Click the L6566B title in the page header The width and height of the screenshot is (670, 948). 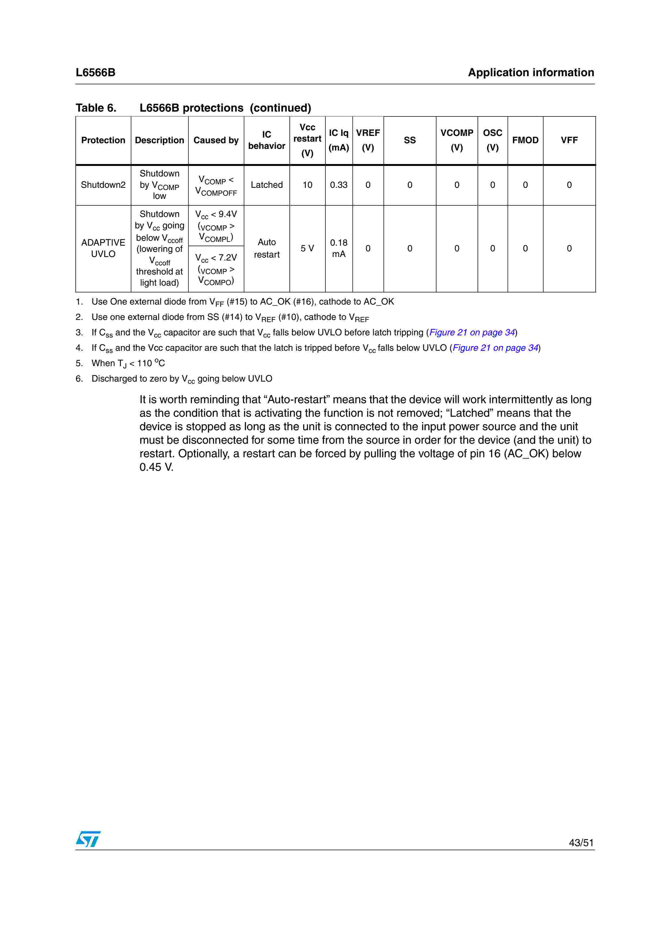95,73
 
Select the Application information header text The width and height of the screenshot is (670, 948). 531,73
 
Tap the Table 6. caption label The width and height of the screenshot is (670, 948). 96,108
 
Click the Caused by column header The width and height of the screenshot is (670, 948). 216,140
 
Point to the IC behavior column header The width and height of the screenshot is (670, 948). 267,140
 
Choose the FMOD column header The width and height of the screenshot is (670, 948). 525,140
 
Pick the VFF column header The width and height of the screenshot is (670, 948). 569,140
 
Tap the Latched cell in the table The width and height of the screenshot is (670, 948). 267,185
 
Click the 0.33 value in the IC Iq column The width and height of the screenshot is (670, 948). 338,185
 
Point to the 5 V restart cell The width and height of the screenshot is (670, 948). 307,248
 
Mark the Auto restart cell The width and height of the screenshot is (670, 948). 267,248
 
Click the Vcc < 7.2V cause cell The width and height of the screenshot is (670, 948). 216,269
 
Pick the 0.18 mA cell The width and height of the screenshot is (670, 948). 338,248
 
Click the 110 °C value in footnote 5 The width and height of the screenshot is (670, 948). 151,363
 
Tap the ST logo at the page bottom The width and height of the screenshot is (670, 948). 88,839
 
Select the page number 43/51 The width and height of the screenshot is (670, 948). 581,843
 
